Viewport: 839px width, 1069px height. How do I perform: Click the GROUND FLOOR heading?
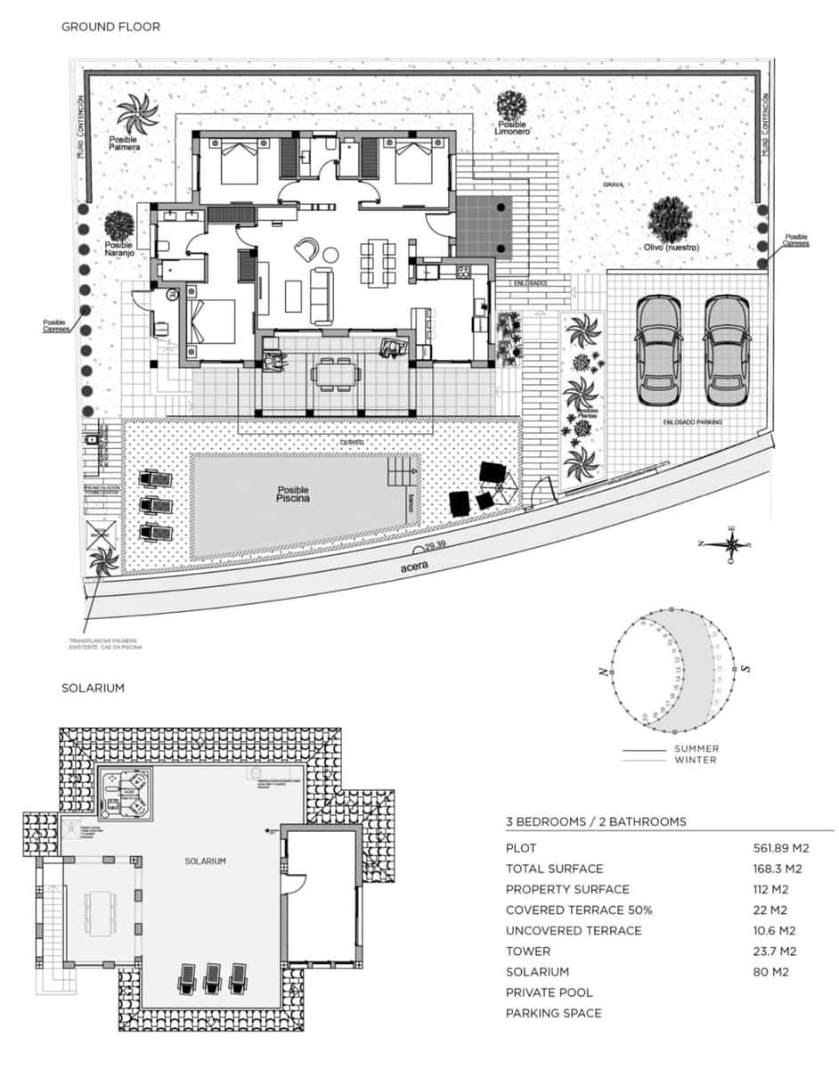tap(110, 27)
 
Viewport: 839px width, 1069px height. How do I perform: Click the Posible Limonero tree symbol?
tap(512, 105)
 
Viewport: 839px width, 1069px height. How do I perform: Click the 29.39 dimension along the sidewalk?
tap(436, 545)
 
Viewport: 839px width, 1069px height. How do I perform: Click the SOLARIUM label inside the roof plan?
tap(205, 861)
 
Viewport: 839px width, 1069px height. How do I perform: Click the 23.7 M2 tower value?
tap(774, 951)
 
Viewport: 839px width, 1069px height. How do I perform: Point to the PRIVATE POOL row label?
tap(549, 992)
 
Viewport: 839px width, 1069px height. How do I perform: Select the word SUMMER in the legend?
tap(696, 749)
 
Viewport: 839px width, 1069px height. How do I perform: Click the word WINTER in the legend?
tap(696, 760)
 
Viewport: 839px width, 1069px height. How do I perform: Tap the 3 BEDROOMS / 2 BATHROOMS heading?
tap(596, 821)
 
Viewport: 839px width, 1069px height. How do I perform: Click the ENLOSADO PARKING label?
tap(692, 421)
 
